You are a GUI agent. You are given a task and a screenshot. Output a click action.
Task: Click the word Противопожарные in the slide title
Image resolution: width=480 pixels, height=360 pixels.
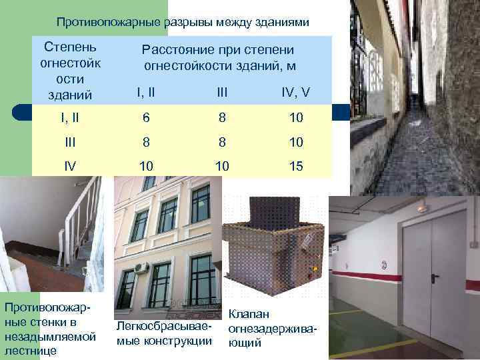[109, 23]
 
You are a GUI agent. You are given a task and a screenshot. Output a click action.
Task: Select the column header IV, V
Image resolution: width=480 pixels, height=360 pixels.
[293, 92]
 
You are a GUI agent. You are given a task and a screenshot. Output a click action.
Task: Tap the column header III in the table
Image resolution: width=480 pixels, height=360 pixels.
[222, 92]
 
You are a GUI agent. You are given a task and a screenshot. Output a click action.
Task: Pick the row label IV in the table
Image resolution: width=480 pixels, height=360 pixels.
[70, 165]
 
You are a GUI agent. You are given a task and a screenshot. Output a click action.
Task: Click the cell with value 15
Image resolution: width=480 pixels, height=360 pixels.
[297, 165]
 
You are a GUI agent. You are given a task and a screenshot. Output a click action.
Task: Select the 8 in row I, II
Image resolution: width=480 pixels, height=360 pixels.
[222, 119]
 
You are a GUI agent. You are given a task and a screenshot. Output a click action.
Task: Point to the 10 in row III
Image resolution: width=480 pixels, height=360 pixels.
[297, 142]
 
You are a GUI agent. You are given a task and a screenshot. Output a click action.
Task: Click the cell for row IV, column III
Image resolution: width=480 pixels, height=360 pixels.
[222, 165]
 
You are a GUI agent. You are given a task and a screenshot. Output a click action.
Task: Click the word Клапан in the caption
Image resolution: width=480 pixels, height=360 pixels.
[247, 313]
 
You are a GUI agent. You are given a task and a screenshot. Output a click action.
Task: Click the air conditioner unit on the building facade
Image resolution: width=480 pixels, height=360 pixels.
[141, 268]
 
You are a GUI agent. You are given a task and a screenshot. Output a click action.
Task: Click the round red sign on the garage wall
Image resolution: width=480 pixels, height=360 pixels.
[385, 265]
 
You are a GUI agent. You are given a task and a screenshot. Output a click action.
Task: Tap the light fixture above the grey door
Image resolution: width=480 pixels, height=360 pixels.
[421, 208]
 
